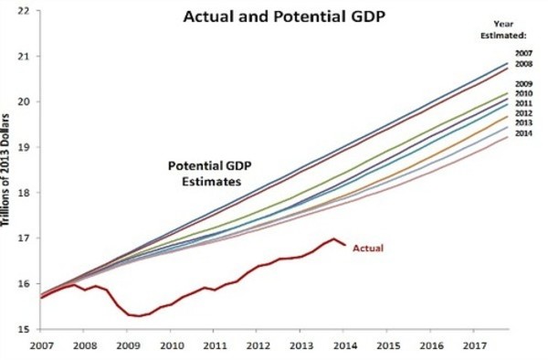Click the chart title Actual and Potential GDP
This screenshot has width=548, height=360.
284,16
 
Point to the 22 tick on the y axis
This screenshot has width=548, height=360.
22,11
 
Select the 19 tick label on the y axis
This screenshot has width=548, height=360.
22,147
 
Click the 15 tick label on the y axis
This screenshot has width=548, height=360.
22,329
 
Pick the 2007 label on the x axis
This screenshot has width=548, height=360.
42,345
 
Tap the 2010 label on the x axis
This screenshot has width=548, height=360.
172,345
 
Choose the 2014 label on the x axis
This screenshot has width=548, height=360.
345,345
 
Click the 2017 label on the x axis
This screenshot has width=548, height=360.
475,345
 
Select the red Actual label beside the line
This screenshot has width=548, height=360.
368,249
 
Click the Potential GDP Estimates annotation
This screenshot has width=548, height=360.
210,174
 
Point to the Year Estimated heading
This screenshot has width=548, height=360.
503,30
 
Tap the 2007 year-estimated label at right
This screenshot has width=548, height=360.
523,53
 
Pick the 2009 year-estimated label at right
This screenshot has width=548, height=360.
523,84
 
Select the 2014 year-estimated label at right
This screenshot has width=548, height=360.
523,133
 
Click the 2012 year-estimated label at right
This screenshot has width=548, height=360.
523,113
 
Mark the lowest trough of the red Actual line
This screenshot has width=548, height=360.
139,316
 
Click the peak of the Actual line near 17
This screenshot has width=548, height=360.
333,239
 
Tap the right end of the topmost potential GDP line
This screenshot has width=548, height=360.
508,63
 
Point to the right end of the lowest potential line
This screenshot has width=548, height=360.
508,137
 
